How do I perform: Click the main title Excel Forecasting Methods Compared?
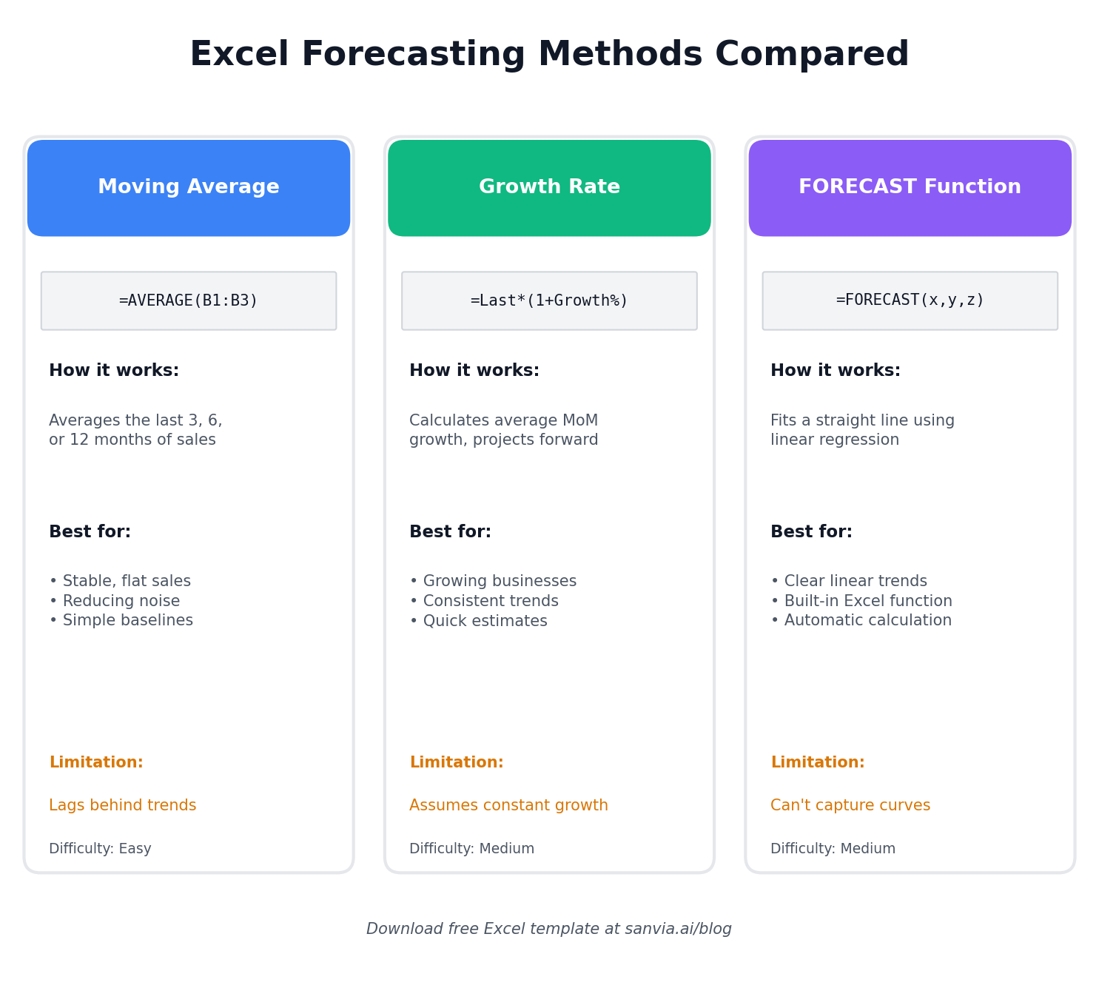coord(549,54)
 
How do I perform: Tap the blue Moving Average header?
coord(189,188)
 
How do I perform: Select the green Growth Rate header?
coord(549,188)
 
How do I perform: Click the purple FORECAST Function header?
coord(910,188)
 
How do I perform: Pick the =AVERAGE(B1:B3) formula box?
coord(189,300)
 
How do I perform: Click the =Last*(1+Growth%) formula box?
coord(549,300)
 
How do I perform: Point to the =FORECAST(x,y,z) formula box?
coord(910,300)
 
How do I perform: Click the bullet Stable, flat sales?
coord(120,581)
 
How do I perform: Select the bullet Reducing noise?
coord(115,601)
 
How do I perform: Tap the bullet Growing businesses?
coord(493,581)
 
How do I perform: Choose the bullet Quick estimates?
coord(478,620)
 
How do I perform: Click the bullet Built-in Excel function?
coord(861,601)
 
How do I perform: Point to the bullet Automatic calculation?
coord(861,620)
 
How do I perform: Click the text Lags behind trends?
coord(123,805)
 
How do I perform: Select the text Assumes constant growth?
coord(508,805)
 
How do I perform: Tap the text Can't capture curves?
coord(850,805)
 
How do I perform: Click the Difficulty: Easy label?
coord(100,848)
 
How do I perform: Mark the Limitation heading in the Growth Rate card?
coord(457,762)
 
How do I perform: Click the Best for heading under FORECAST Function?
coord(811,531)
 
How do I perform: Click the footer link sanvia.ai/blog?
coord(678,929)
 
